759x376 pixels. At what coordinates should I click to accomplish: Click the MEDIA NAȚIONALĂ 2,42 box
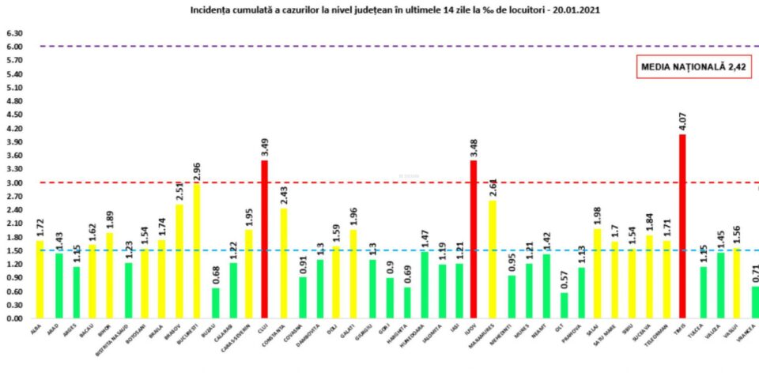click(x=694, y=68)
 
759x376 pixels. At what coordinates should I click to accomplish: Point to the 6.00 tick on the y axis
click(x=14, y=47)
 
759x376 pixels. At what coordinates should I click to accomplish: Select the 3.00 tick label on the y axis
click(x=14, y=182)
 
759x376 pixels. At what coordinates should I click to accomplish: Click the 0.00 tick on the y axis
click(x=14, y=318)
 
